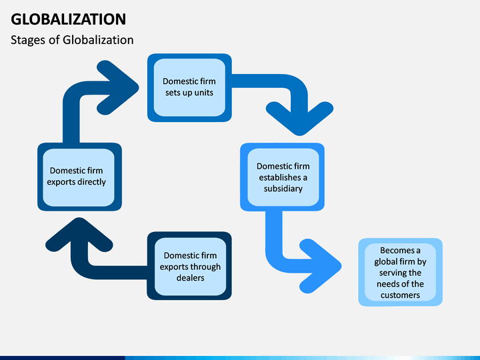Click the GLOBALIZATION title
point(68,19)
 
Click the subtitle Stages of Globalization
point(72,40)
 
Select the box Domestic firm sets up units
point(189,87)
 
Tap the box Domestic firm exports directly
point(79,177)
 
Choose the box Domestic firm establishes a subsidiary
point(282,177)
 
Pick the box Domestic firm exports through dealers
point(189,266)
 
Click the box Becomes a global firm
point(401,272)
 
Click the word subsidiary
point(283,189)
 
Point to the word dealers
point(191,278)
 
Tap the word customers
point(400,295)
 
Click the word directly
point(91,182)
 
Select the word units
point(203,93)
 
